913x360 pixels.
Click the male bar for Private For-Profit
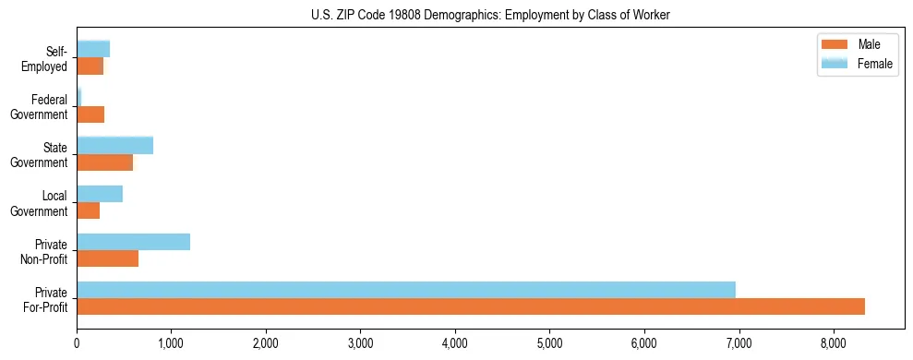tap(471, 306)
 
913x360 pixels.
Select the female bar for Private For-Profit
tap(406, 290)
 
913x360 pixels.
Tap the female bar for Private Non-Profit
tap(133, 242)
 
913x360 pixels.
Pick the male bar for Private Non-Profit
tap(107, 258)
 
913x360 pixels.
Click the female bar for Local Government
tap(100, 194)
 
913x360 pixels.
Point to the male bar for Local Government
tap(88, 210)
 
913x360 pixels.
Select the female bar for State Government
tap(114, 146)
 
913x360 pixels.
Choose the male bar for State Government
tap(104, 162)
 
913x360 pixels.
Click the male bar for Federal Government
tap(90, 114)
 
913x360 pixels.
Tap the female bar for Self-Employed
tap(93, 49)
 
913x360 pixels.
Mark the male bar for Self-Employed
tap(90, 66)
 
